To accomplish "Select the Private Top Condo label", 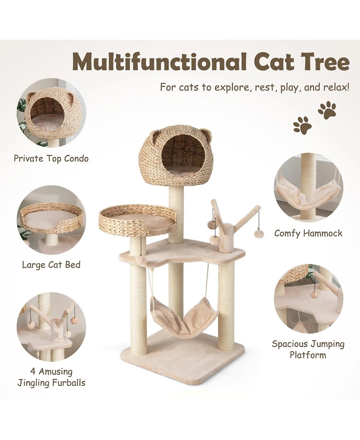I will [x=51, y=159].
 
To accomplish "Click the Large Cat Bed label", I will [x=51, y=265].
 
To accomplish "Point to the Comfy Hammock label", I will [x=308, y=233].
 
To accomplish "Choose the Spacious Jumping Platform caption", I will [x=308, y=349].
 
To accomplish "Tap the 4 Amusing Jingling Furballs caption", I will [x=51, y=377].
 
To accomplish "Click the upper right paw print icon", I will [x=327, y=110].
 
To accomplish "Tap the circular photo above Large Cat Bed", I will [x=51, y=220].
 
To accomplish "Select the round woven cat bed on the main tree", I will [x=137, y=218].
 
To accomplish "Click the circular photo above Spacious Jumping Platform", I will [x=308, y=299].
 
